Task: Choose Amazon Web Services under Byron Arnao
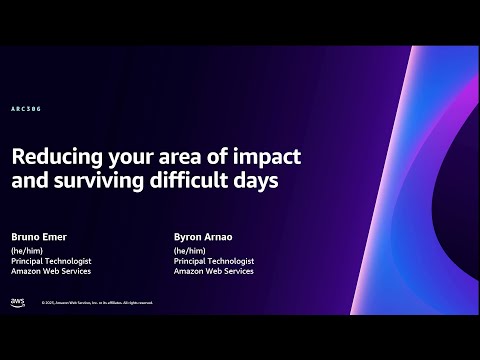point(213,272)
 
